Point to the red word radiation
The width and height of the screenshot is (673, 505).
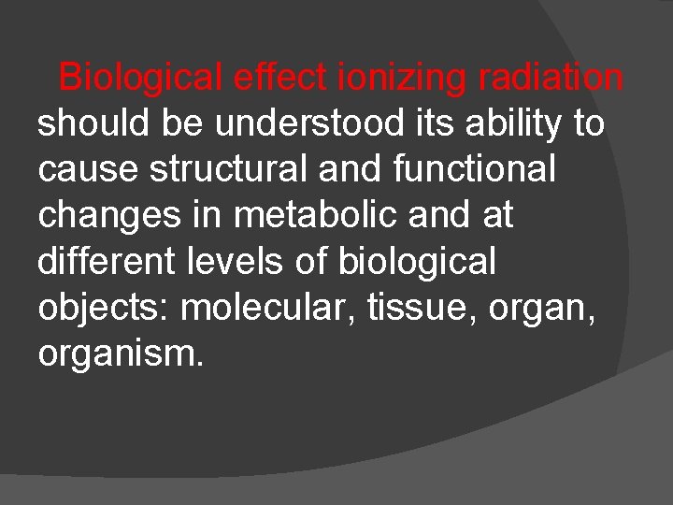tap(550, 77)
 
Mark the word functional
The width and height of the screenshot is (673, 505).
tap(454, 170)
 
